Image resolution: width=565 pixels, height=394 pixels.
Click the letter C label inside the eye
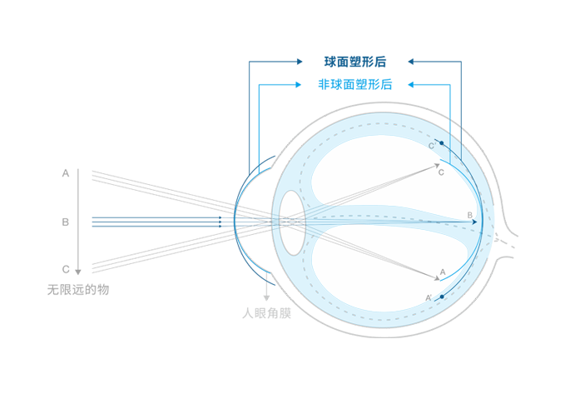[x=441, y=173]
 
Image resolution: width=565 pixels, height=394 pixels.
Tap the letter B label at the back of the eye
[x=470, y=216]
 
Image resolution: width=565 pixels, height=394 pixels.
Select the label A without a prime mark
[x=443, y=272]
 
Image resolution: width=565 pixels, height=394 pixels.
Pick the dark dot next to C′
[x=442, y=143]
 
